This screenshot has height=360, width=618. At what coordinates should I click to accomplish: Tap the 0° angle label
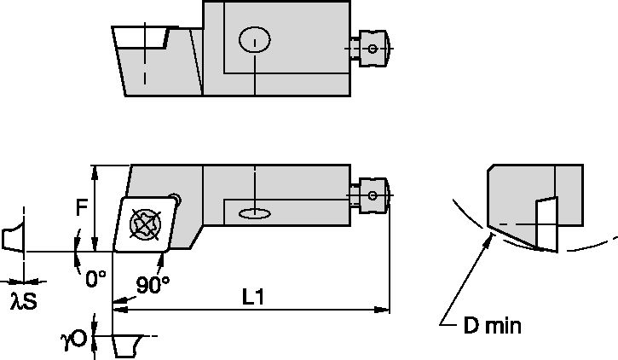pos(95,277)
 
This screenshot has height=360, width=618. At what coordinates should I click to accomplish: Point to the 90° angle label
pos(153,284)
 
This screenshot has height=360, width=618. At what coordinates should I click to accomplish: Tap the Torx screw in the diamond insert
pos(143,224)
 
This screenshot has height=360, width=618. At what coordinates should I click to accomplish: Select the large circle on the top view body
pos(255,39)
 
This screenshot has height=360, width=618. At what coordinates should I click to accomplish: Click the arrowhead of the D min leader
pos(489,239)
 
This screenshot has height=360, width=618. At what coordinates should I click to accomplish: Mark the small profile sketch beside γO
pos(125,345)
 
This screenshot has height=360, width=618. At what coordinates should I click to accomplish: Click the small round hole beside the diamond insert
pos(176,197)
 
